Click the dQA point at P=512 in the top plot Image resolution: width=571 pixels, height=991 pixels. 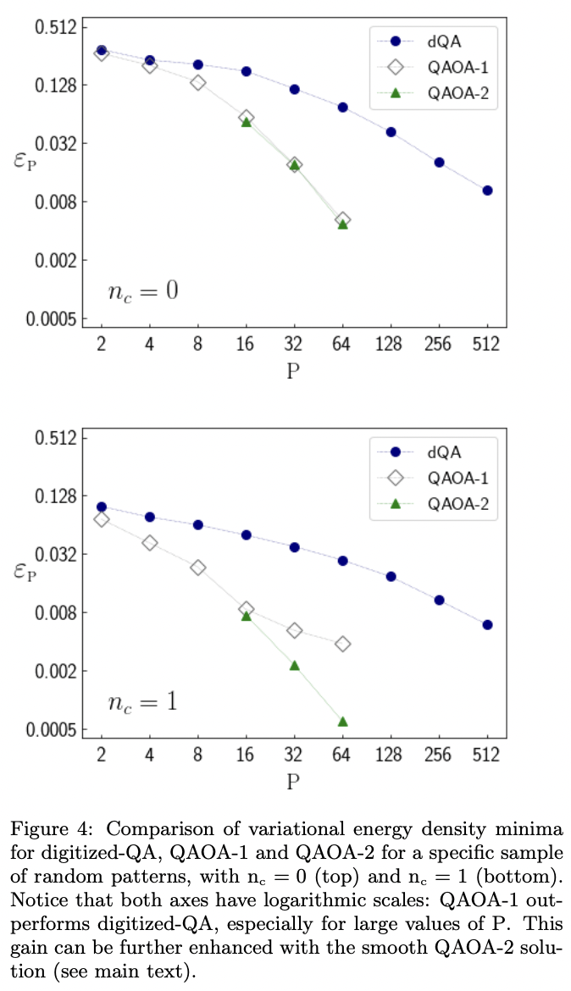(488, 191)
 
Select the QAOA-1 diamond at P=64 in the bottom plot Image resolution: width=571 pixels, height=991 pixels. (343, 644)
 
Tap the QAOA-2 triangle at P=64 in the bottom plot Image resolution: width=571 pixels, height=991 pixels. (343, 721)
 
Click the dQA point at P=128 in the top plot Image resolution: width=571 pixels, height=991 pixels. (391, 132)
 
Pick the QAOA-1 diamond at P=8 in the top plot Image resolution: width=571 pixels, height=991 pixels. (197, 82)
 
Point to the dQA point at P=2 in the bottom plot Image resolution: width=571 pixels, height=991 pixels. (102, 507)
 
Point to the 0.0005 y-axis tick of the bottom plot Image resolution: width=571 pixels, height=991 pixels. (53, 730)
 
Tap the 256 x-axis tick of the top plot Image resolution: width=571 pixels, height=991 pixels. (440, 345)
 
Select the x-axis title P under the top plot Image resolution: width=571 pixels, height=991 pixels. (294, 371)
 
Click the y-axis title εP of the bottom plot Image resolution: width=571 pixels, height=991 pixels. (25, 573)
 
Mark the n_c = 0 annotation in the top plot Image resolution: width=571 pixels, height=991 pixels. (142, 292)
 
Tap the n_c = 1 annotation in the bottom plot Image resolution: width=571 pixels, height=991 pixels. (142, 702)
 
